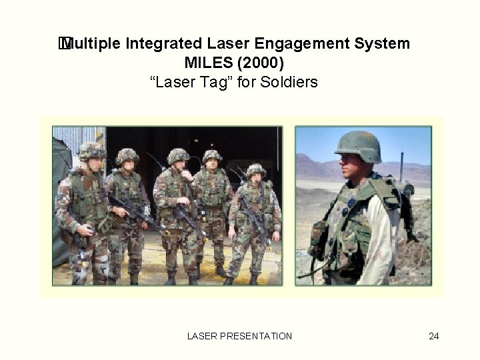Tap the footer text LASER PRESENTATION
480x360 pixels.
[240, 336]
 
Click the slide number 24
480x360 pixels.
[433, 336]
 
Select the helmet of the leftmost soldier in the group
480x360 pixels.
[91, 150]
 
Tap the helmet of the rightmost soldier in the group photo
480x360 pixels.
[255, 170]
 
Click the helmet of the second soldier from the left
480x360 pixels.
[127, 155]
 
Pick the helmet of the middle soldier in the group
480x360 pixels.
[178, 155]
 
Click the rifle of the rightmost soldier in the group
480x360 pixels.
[257, 223]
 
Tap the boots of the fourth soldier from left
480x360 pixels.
[221, 271]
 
